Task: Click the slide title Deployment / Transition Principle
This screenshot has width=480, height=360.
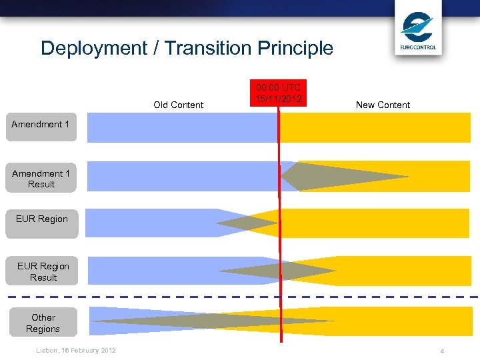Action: [x=187, y=48]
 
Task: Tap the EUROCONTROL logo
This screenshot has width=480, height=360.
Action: [x=418, y=31]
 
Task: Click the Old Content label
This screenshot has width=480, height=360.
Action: [x=178, y=105]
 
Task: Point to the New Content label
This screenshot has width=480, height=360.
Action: [x=383, y=105]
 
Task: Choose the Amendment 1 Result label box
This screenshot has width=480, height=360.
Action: [x=41, y=178]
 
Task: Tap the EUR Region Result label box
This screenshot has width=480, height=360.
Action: [x=43, y=271]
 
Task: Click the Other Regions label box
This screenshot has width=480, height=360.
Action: [x=43, y=323]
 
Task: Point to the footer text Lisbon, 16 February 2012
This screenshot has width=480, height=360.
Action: [x=75, y=351]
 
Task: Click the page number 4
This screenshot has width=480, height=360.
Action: [x=442, y=351]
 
